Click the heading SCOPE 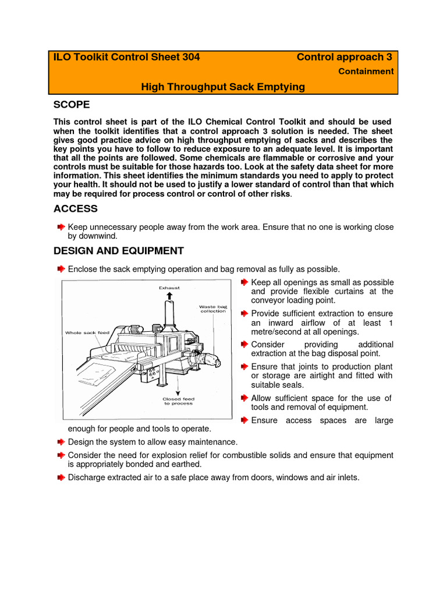tap(72, 105)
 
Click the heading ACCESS tap(76, 208)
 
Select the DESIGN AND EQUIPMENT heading tap(119, 251)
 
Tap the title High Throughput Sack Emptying tap(223, 87)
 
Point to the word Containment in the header tap(366, 72)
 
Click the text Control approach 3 tap(344, 57)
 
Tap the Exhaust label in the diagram tap(169, 288)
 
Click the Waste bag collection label tap(212, 309)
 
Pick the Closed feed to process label tap(179, 401)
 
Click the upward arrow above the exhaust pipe tap(169, 296)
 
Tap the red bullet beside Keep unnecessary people tap(61, 226)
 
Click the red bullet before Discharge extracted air tap(61, 477)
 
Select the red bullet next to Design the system tap(61, 442)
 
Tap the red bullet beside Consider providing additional tap(244, 345)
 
